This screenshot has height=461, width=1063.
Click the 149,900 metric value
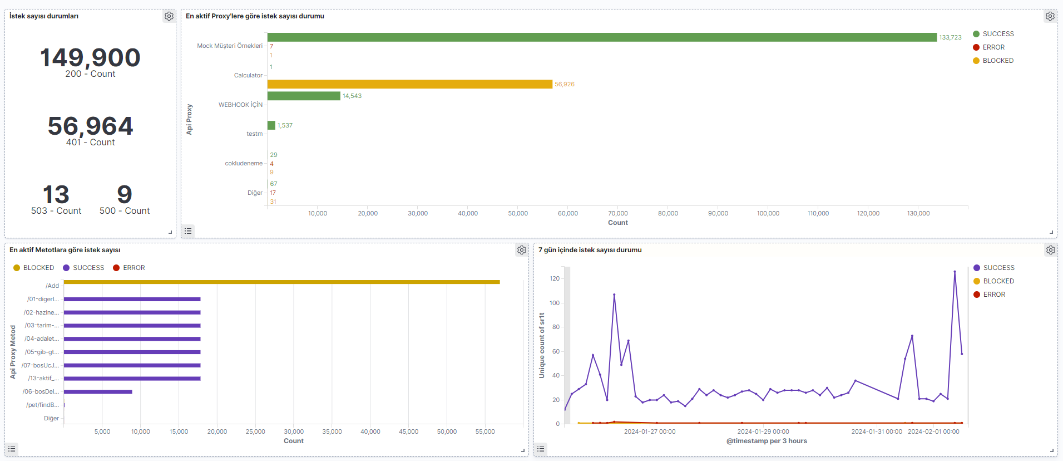[90, 58]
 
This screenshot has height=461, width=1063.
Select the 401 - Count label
[90, 143]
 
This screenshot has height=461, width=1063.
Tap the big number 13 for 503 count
[56, 194]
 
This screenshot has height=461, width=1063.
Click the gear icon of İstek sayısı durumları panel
[169, 17]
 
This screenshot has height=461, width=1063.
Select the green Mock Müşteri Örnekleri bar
[602, 37]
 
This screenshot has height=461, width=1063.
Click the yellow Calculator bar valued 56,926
[409, 84]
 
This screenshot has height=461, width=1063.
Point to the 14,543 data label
[352, 96]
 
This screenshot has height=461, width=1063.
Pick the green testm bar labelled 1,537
[271, 125]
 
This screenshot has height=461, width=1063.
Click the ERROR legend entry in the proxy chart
[993, 47]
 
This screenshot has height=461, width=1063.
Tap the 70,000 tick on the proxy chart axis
[617, 214]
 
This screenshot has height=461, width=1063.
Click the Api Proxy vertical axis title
[189, 119]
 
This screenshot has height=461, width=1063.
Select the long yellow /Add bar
[281, 282]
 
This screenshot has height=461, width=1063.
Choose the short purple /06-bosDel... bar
[98, 392]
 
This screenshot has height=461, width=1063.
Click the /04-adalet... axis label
[42, 339]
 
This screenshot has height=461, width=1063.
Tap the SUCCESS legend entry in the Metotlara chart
[88, 268]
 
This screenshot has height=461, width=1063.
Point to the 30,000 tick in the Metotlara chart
[294, 432]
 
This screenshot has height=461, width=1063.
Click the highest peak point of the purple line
[955, 272]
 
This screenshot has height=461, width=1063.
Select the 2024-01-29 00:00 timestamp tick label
[763, 432]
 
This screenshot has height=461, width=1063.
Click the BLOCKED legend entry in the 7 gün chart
[998, 281]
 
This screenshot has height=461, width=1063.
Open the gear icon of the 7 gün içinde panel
[1050, 251]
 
